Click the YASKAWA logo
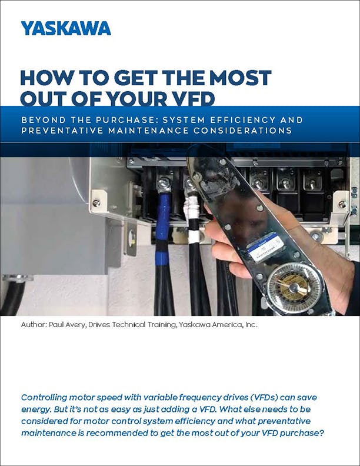(x=65, y=28)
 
